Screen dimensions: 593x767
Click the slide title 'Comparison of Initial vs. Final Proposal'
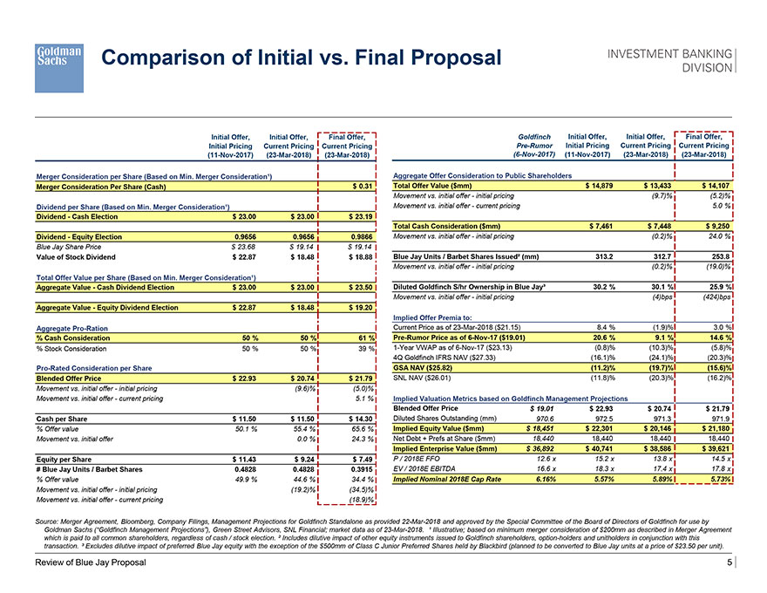(302, 58)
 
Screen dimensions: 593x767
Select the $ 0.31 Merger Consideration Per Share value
(363, 186)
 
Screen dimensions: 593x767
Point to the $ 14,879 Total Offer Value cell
(596, 186)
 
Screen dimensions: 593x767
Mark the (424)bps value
(712, 296)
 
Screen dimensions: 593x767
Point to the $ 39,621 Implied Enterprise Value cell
(709, 448)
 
